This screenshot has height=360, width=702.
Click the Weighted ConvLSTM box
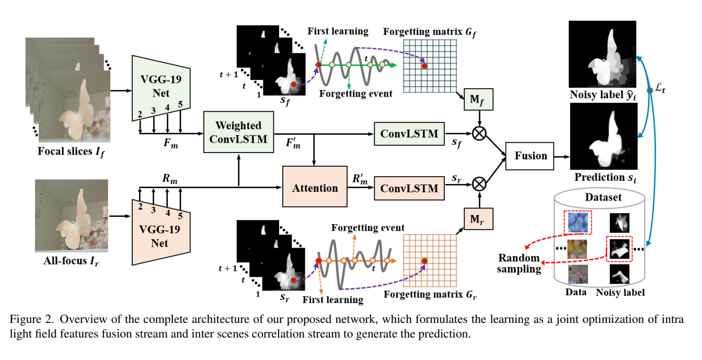click(x=238, y=133)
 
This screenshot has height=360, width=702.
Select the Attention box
click(x=314, y=188)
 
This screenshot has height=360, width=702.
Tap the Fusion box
click(x=531, y=156)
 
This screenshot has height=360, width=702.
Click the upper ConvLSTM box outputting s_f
click(x=409, y=133)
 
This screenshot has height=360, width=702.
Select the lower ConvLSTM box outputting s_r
click(x=409, y=188)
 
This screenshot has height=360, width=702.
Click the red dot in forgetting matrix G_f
click(x=424, y=66)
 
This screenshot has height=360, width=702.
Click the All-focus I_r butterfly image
click(x=72, y=215)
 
